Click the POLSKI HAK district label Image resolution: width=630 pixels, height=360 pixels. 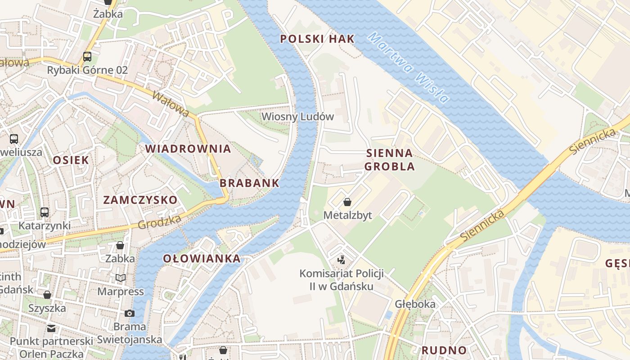click(317, 39)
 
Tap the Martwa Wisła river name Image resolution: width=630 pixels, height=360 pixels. click(408, 67)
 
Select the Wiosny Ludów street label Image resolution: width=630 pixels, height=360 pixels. click(297, 117)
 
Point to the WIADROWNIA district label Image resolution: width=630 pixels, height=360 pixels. click(188, 148)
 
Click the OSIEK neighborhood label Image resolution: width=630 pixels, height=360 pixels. click(71, 160)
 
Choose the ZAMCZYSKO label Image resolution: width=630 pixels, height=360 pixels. click(140, 200)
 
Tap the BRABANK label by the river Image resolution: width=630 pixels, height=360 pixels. click(249, 183)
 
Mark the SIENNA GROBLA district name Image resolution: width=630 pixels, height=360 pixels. click(389, 159)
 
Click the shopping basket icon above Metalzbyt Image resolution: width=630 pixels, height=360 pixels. click(347, 202)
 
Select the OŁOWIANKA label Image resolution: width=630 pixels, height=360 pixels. click(202, 258)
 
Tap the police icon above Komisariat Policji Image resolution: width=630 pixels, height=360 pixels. click(341, 260)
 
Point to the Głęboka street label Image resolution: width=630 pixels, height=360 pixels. click(415, 304)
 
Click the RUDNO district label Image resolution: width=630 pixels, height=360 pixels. click(444, 350)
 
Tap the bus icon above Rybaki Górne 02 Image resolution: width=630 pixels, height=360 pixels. click(87, 57)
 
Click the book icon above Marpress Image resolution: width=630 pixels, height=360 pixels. click(120, 278)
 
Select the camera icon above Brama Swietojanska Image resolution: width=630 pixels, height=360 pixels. click(130, 313)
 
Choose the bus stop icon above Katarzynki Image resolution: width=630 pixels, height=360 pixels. click(44, 212)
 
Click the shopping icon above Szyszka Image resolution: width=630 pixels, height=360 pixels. click(47, 295)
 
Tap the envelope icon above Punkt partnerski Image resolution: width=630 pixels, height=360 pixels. click(51, 328)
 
